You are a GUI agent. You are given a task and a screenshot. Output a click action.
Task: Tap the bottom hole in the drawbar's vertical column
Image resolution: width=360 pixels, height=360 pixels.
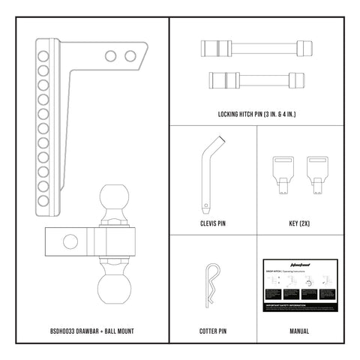pyautogui.click(x=43, y=199)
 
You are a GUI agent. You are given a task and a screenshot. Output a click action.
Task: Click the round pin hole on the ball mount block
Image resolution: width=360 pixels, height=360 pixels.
pyautogui.click(x=70, y=241)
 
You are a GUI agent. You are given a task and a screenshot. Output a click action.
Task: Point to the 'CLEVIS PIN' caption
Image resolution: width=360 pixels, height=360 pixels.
pyautogui.click(x=214, y=223)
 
